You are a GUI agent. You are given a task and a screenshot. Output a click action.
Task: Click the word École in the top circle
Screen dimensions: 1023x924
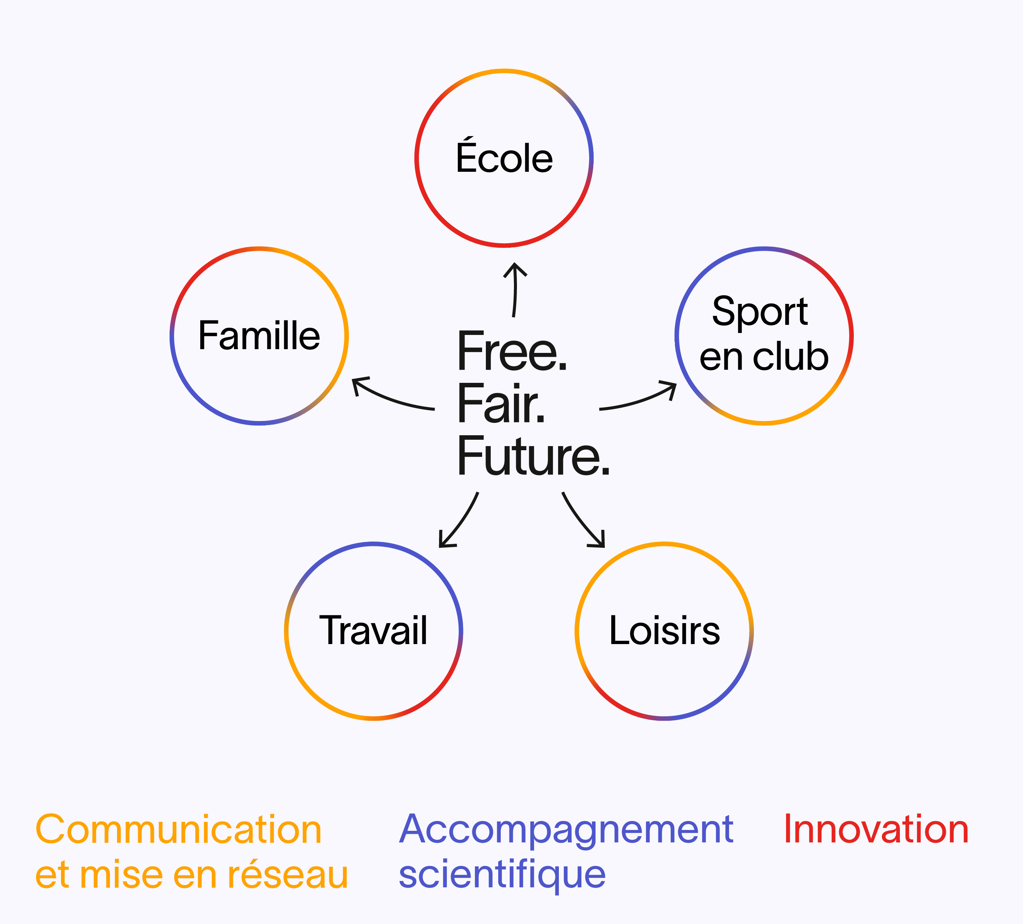coord(505,155)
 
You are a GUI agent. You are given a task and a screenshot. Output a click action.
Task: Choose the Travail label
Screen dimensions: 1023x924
coord(374,630)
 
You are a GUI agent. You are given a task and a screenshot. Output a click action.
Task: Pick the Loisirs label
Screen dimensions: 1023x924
coord(664,630)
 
